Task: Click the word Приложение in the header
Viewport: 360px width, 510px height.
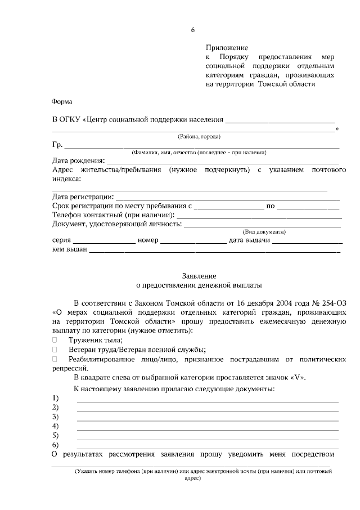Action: click(x=227, y=48)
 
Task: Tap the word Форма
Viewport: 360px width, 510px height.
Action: click(x=62, y=102)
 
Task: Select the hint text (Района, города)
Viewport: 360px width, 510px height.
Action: click(x=199, y=136)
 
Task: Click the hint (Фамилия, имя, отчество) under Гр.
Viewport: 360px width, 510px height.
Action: click(x=199, y=153)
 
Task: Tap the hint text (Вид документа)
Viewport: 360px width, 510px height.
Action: click(x=264, y=232)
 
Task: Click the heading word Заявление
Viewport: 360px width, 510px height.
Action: click(x=199, y=276)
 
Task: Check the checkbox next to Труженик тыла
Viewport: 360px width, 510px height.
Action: click(x=55, y=340)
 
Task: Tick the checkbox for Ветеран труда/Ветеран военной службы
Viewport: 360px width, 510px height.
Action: click(x=55, y=350)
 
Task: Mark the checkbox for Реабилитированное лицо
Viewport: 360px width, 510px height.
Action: click(x=55, y=359)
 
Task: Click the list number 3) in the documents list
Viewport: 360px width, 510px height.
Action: click(x=56, y=417)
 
